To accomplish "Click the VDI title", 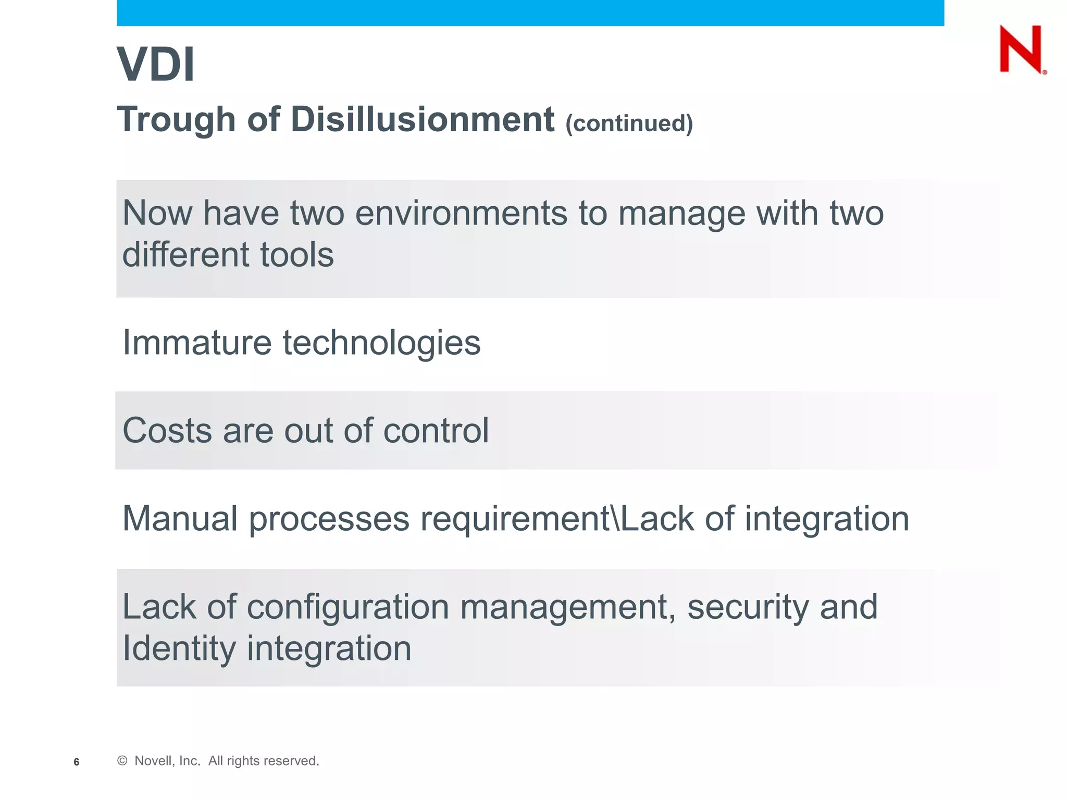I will (x=156, y=65).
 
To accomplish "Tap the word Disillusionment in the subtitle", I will (x=423, y=119).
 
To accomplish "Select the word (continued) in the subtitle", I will (x=629, y=123).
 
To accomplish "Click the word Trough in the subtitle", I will (x=177, y=120).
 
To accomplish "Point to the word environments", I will (x=461, y=214).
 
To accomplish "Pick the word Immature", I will (x=197, y=343).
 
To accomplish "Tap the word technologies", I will (x=381, y=344).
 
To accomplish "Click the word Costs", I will (x=167, y=431).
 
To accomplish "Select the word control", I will (x=436, y=431).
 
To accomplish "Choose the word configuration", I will (x=348, y=608).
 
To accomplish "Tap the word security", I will (x=748, y=608).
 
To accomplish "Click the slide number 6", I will (x=77, y=762).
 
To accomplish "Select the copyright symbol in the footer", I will (x=122, y=761).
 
